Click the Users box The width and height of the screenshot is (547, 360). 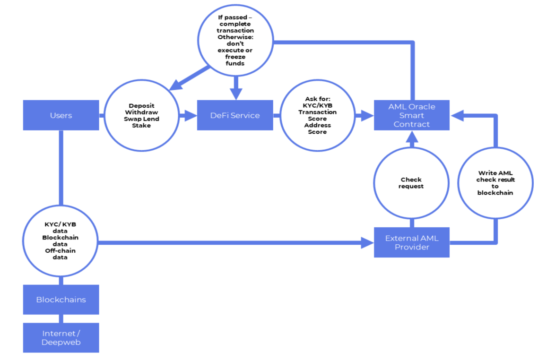[x=61, y=115]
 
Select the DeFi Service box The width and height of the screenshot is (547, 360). [x=235, y=115]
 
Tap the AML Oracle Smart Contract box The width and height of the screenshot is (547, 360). [x=411, y=115]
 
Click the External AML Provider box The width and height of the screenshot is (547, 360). [x=411, y=242]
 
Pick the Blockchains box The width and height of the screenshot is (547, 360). [x=61, y=300]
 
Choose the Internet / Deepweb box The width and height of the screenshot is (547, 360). [x=61, y=337]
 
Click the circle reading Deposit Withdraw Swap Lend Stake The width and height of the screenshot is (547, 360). [x=141, y=116]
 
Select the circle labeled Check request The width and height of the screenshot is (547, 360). [x=411, y=183]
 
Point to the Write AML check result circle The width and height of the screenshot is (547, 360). [x=495, y=183]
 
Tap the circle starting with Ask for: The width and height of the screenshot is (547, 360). [x=317, y=116]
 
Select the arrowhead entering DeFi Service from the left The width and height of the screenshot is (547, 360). [x=191, y=115]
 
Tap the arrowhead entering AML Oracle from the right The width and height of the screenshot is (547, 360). [x=457, y=115]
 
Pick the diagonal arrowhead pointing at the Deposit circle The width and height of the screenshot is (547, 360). [x=176, y=85]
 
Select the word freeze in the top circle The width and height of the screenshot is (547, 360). [x=235, y=57]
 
